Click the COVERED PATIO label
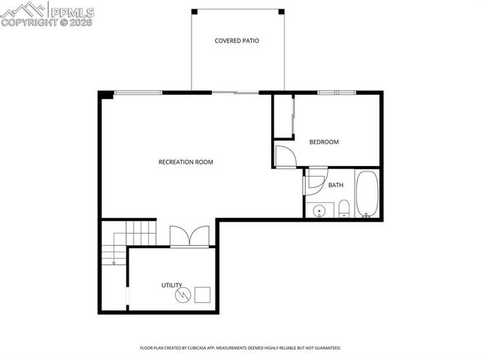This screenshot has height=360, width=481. click(237, 41)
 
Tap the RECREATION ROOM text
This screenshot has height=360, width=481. click(186, 162)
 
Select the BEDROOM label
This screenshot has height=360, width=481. click(324, 142)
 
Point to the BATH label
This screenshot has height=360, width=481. click(335, 185)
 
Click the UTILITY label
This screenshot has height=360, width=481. click(172, 285)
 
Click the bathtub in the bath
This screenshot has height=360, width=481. click(367, 195)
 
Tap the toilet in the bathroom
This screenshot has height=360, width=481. click(343, 208)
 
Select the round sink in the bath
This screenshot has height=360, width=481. click(319, 210)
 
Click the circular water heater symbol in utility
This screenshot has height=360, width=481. click(183, 295)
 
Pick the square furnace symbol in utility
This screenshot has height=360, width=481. click(202, 294)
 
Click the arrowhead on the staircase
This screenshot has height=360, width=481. click(113, 262)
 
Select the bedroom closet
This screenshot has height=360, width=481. click(283, 116)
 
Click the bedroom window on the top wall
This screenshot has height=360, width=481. click(335, 92)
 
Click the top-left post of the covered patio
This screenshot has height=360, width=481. click(194, 11)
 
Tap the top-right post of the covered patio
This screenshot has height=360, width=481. click(282, 11)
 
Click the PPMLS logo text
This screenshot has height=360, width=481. click(71, 10)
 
